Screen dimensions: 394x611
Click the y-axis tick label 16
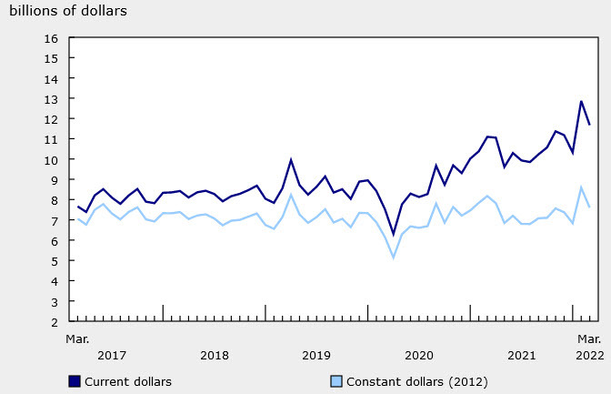click(51, 38)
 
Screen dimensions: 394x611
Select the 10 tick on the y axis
click(51, 160)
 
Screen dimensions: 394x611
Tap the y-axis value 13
click(51, 99)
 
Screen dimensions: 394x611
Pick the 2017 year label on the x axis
click(112, 355)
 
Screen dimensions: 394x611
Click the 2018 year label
click(214, 355)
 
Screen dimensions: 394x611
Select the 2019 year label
click(316, 355)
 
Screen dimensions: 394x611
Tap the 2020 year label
click(418, 355)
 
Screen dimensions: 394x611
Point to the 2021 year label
click(521, 355)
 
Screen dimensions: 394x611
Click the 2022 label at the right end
click(588, 355)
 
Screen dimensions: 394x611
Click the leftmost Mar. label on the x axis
click(77, 338)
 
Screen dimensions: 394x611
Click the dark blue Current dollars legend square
click(74, 381)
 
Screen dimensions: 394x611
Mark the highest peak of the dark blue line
click(581, 101)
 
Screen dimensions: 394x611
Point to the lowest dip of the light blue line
click(394, 258)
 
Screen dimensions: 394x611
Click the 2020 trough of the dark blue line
click(394, 235)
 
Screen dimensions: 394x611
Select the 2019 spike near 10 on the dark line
click(291, 159)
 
